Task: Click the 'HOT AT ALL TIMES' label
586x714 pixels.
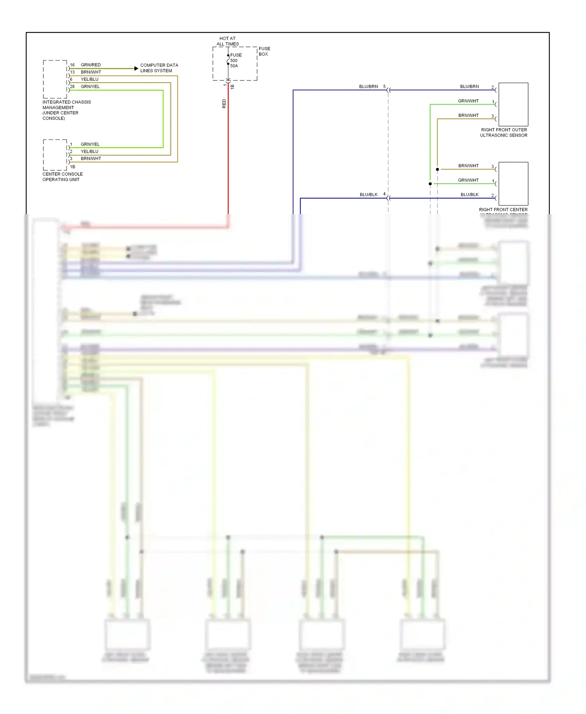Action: (227, 41)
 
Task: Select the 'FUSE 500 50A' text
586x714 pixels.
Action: (236, 61)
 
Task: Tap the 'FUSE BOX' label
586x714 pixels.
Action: (264, 51)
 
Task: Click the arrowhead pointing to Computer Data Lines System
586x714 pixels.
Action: (136, 68)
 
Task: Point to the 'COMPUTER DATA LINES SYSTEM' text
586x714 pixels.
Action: (159, 68)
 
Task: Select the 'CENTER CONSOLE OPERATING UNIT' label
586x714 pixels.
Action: (63, 177)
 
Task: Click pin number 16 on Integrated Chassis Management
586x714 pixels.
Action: (72, 65)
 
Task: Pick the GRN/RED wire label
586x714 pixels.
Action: (91, 65)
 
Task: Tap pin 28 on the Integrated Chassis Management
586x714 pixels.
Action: (72, 86)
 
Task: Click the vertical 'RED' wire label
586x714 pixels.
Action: (224, 104)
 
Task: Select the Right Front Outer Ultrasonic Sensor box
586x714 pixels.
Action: (513, 104)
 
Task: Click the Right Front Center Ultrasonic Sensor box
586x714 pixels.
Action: (513, 184)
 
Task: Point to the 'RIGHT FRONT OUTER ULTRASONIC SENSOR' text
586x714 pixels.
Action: (504, 132)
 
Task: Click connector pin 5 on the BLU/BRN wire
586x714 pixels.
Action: (384, 86)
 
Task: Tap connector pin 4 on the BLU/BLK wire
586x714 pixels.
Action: (384, 194)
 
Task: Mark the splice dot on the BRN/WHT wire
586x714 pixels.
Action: (437, 169)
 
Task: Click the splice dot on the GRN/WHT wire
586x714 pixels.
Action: (430, 184)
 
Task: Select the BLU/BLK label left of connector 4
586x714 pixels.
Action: (368, 195)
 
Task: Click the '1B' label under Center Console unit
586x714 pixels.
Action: (73, 167)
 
